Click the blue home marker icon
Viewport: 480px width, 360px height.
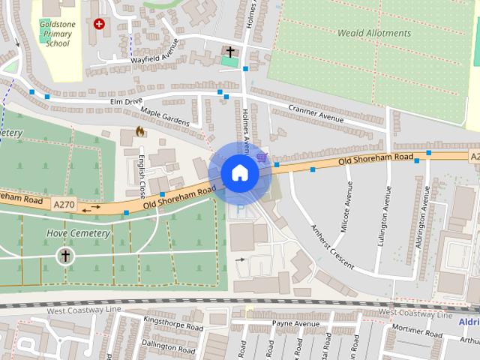(x=239, y=172)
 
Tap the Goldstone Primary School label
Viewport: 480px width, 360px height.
(x=57, y=34)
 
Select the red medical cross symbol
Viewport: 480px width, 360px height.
(x=99, y=24)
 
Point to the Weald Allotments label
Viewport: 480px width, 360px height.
(x=374, y=33)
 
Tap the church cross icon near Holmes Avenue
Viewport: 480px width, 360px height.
(x=230, y=51)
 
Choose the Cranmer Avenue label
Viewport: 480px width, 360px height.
(x=316, y=114)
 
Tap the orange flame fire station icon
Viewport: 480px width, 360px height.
(x=139, y=131)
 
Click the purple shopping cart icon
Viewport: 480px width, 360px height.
(x=261, y=157)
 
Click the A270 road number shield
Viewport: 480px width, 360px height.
(x=65, y=202)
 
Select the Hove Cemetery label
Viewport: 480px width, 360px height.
(x=78, y=233)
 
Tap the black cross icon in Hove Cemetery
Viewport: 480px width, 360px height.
(x=65, y=256)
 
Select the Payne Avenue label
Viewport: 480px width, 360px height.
(x=295, y=324)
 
